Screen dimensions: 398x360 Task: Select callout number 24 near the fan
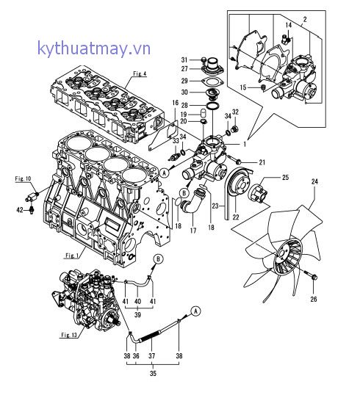[x=314, y=183]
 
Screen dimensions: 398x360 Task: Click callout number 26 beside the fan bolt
[x=314, y=298]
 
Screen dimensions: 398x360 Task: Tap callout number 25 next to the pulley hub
[x=286, y=178]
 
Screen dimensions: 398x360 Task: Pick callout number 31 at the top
[x=184, y=59]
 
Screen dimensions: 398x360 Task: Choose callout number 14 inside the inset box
[x=289, y=25]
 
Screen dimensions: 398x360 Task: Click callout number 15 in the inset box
[x=264, y=89]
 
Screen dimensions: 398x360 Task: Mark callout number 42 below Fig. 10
[x=21, y=210]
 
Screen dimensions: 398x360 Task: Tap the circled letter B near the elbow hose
[x=178, y=193]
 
